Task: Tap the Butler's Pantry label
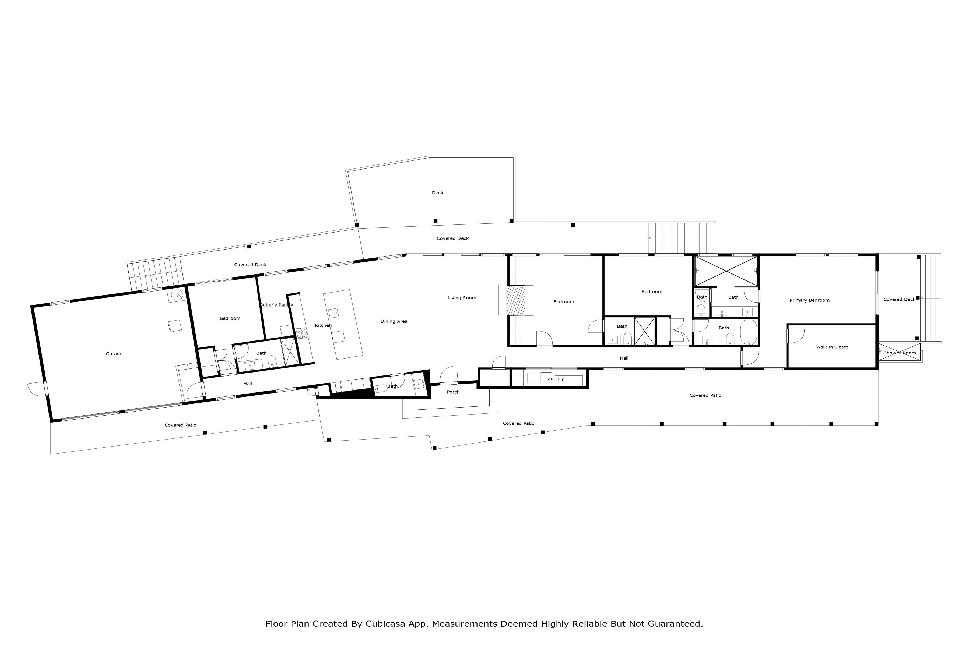(276, 305)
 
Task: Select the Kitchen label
(324, 325)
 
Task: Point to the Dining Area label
(394, 321)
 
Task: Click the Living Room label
(462, 298)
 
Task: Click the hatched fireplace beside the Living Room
(516, 300)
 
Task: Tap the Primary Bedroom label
(810, 300)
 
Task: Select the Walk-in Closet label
(832, 347)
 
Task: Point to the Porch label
(453, 392)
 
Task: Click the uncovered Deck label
(438, 193)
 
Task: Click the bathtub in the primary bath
(748, 332)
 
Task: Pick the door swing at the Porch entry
(449, 374)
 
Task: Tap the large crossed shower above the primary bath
(726, 271)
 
